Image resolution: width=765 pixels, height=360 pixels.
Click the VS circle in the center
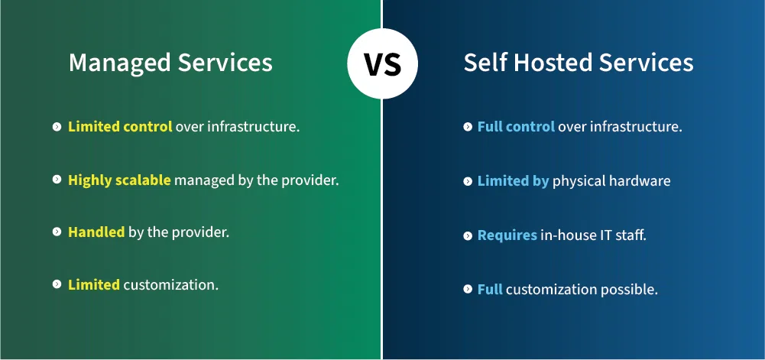click(x=382, y=63)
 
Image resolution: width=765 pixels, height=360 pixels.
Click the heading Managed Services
click(x=170, y=63)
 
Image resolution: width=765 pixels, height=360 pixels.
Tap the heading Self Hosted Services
click(x=579, y=63)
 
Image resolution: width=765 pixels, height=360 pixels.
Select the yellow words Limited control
click(x=120, y=127)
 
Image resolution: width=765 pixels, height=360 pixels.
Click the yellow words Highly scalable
click(x=119, y=180)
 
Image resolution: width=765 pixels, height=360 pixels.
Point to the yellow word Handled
click(x=96, y=232)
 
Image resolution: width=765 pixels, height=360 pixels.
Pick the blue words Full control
click(x=516, y=127)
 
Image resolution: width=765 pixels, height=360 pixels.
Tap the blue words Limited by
click(x=513, y=181)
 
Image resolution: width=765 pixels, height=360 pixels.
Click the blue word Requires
click(x=507, y=235)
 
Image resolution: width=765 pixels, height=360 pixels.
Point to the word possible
click(x=629, y=290)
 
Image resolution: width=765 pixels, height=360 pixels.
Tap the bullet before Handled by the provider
click(x=57, y=232)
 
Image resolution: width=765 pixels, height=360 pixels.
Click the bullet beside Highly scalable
click(x=57, y=180)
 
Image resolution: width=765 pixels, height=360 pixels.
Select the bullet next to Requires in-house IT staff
click(x=468, y=235)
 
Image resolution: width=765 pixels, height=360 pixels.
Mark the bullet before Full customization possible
click(x=468, y=290)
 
